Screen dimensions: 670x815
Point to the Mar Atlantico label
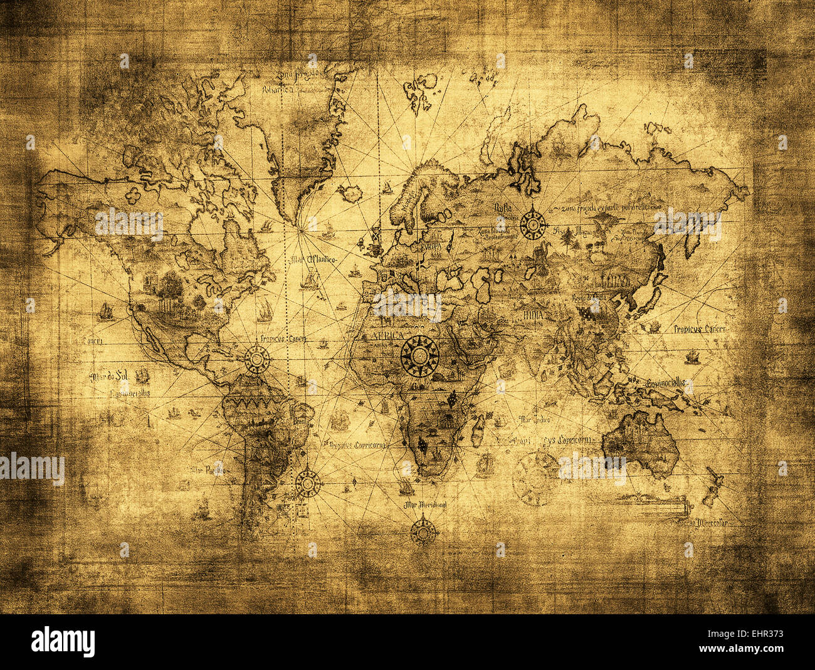(x=313, y=259)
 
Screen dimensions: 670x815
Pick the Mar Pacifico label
(x=209, y=470)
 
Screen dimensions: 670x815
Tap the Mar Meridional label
(x=425, y=504)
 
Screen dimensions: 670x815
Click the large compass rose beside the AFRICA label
(x=419, y=356)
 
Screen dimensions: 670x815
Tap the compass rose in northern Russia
(x=533, y=224)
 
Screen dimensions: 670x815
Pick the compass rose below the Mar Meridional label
(x=424, y=531)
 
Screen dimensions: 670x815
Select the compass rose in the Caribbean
(x=257, y=359)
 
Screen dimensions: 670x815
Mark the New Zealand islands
(x=713, y=486)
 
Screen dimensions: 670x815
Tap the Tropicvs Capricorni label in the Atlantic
(x=355, y=444)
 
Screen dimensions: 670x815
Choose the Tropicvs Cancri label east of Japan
(x=701, y=328)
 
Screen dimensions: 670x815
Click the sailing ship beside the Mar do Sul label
(x=142, y=375)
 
